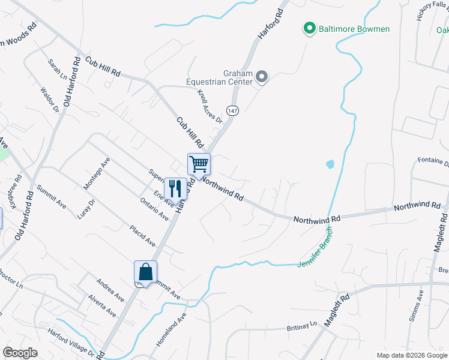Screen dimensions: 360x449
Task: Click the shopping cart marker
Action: [x=199, y=164]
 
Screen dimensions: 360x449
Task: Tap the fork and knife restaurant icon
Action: [x=175, y=188]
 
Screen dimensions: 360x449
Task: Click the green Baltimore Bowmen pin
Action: [x=310, y=28]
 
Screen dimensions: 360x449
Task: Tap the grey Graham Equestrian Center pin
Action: [x=262, y=77]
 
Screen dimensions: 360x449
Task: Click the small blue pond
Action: [x=329, y=164]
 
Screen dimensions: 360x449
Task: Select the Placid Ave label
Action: [x=142, y=235]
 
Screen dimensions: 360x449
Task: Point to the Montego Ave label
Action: [x=97, y=175]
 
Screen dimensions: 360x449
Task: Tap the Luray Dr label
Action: [x=87, y=209]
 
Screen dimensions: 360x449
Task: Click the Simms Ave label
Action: [x=417, y=306]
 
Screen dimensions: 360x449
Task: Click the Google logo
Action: [x=20, y=353]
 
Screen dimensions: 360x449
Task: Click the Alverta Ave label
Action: [x=102, y=305]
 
